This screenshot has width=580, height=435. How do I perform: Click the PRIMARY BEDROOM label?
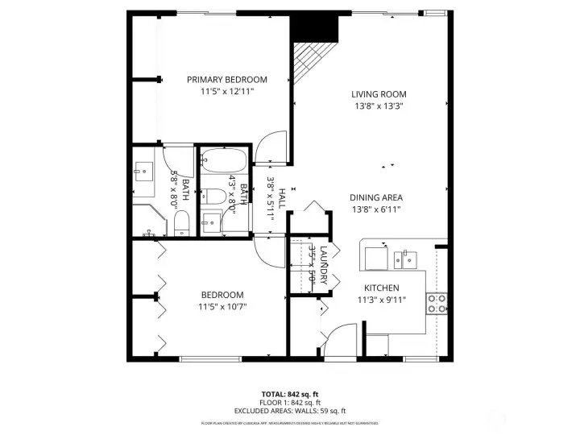coord(226,80)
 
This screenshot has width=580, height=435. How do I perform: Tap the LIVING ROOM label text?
coord(379,94)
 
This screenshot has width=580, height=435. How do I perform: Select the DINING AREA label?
coord(376,197)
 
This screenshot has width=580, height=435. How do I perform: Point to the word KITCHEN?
coord(382,288)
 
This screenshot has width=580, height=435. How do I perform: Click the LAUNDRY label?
coord(323,264)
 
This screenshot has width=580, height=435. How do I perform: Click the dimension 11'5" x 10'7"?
coord(222,306)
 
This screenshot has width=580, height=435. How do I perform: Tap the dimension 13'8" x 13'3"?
coord(379,106)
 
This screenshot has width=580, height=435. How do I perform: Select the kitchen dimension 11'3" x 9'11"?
coord(382,300)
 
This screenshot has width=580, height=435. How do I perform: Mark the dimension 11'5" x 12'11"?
coord(226,92)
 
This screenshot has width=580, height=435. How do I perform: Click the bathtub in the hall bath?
coord(225,159)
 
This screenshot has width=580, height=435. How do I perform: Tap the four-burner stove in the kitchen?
coord(437,304)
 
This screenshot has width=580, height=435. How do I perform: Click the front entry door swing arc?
coord(342,336)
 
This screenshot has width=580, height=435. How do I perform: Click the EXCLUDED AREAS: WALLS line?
coord(290,410)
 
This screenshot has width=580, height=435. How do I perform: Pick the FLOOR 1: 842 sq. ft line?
coord(290,403)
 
